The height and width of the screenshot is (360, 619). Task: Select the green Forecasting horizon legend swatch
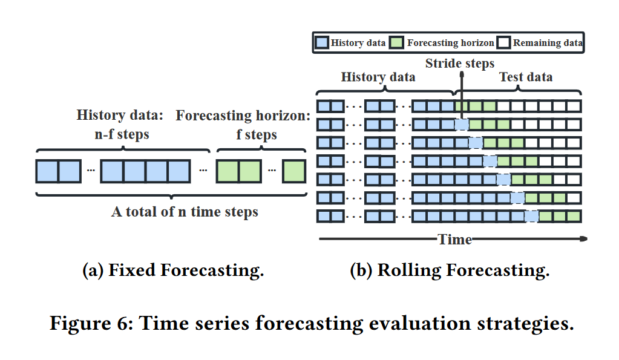[397, 43]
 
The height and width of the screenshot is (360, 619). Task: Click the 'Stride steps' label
[459, 63]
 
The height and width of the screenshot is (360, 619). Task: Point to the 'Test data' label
[525, 77]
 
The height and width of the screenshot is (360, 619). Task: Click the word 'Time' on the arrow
[455, 240]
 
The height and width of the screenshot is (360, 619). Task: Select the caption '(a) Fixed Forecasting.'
[173, 270]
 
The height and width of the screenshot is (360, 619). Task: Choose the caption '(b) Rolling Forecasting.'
[450, 270]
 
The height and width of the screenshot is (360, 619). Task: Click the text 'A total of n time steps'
[185, 212]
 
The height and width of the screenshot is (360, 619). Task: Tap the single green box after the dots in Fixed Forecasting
[293, 171]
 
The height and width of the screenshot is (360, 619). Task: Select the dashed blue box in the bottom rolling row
[531, 216]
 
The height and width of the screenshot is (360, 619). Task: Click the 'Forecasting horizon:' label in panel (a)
[243, 116]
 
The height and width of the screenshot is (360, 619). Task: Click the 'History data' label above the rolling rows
[378, 77]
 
